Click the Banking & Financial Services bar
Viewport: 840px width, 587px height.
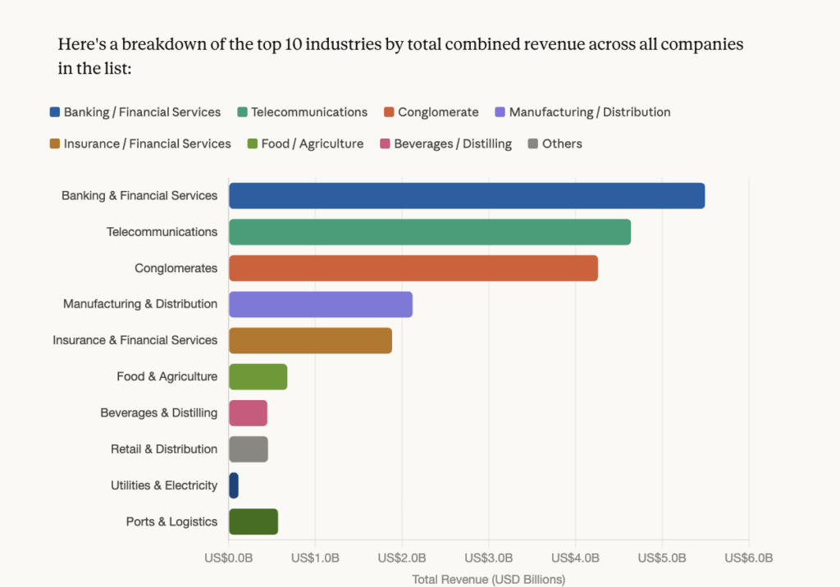[x=466, y=196]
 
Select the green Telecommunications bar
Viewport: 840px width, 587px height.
[x=429, y=232]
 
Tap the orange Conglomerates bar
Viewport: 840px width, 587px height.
[x=413, y=268]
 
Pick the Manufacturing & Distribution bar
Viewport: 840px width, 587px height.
[x=320, y=304]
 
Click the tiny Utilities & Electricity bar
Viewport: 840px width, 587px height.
[x=234, y=485]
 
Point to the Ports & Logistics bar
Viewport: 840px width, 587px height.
[x=253, y=521]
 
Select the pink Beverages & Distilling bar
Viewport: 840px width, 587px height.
[x=248, y=413]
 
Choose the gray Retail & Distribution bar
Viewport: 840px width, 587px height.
[x=248, y=449]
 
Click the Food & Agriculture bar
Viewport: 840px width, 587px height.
[x=258, y=377]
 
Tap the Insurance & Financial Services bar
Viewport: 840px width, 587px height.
[x=310, y=340]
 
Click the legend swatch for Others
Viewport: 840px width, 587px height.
[x=533, y=144]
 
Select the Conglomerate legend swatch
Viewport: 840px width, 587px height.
[x=390, y=112]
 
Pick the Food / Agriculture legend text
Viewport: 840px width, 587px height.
[x=312, y=144]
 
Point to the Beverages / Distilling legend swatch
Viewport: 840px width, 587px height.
[x=386, y=144]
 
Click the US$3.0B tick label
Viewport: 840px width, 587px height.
[x=489, y=558]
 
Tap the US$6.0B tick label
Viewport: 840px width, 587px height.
[x=749, y=558]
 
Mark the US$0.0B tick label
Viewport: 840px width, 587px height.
[x=229, y=558]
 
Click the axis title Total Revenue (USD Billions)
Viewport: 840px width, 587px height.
[x=489, y=580]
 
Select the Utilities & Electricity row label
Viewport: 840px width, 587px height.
[x=164, y=485]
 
